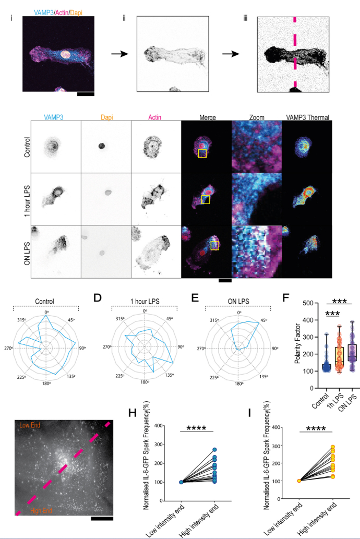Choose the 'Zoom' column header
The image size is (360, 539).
click(x=254, y=118)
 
